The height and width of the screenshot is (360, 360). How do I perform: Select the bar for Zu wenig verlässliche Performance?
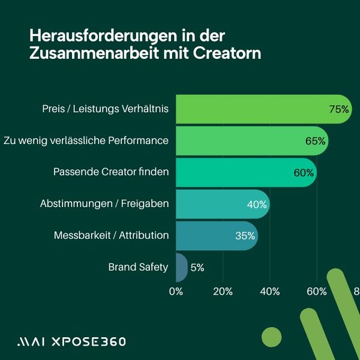click(x=246, y=141)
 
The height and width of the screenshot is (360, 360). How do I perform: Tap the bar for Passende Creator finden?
click(x=240, y=172)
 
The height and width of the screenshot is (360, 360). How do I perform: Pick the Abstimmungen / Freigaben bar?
click(x=216, y=204)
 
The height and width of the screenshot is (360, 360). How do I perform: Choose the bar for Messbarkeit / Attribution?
click(x=210, y=236)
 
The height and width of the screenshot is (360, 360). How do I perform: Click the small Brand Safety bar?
click(x=181, y=268)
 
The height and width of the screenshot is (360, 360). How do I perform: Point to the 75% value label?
click(x=339, y=109)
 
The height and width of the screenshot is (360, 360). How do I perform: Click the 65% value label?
click(x=315, y=141)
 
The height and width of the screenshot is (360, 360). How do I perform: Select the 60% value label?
click(x=304, y=173)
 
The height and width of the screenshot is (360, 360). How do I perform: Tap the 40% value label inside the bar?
click(x=257, y=205)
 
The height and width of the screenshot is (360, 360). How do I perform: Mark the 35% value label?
click(x=245, y=236)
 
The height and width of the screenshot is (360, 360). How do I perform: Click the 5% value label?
click(x=197, y=268)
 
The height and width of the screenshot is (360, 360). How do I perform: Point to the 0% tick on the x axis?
click(x=176, y=292)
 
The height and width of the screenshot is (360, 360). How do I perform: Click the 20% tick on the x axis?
click(x=223, y=292)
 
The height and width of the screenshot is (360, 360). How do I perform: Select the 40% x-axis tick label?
click(x=270, y=292)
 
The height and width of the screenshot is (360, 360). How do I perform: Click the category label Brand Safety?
click(x=138, y=267)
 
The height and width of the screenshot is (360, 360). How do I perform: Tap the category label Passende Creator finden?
click(x=111, y=172)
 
